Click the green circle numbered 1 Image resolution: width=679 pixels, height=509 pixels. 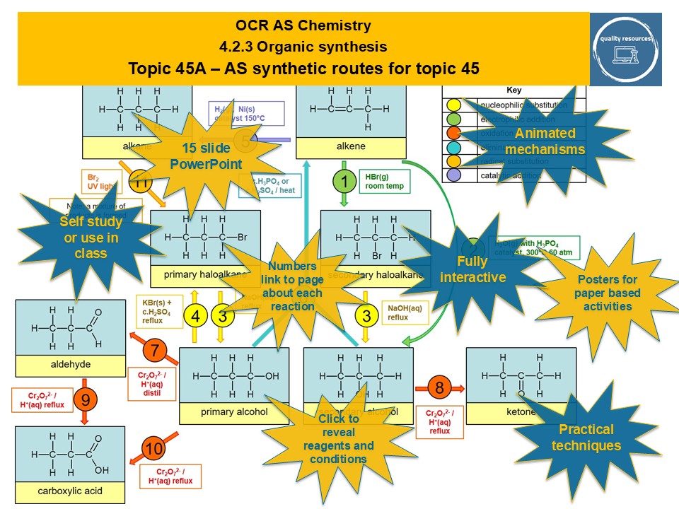coord(344,182)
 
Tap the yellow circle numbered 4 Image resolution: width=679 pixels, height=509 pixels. coord(196,317)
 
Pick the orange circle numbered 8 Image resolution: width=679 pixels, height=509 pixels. coord(439,387)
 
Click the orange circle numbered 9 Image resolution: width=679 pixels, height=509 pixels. coord(86,400)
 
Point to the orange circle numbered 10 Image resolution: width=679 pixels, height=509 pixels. coord(154,448)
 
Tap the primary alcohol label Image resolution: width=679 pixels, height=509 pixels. coord(234,412)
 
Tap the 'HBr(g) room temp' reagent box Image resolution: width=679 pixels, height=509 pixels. coord(380,181)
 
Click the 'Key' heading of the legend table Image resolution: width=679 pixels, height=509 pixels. coord(514,90)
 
